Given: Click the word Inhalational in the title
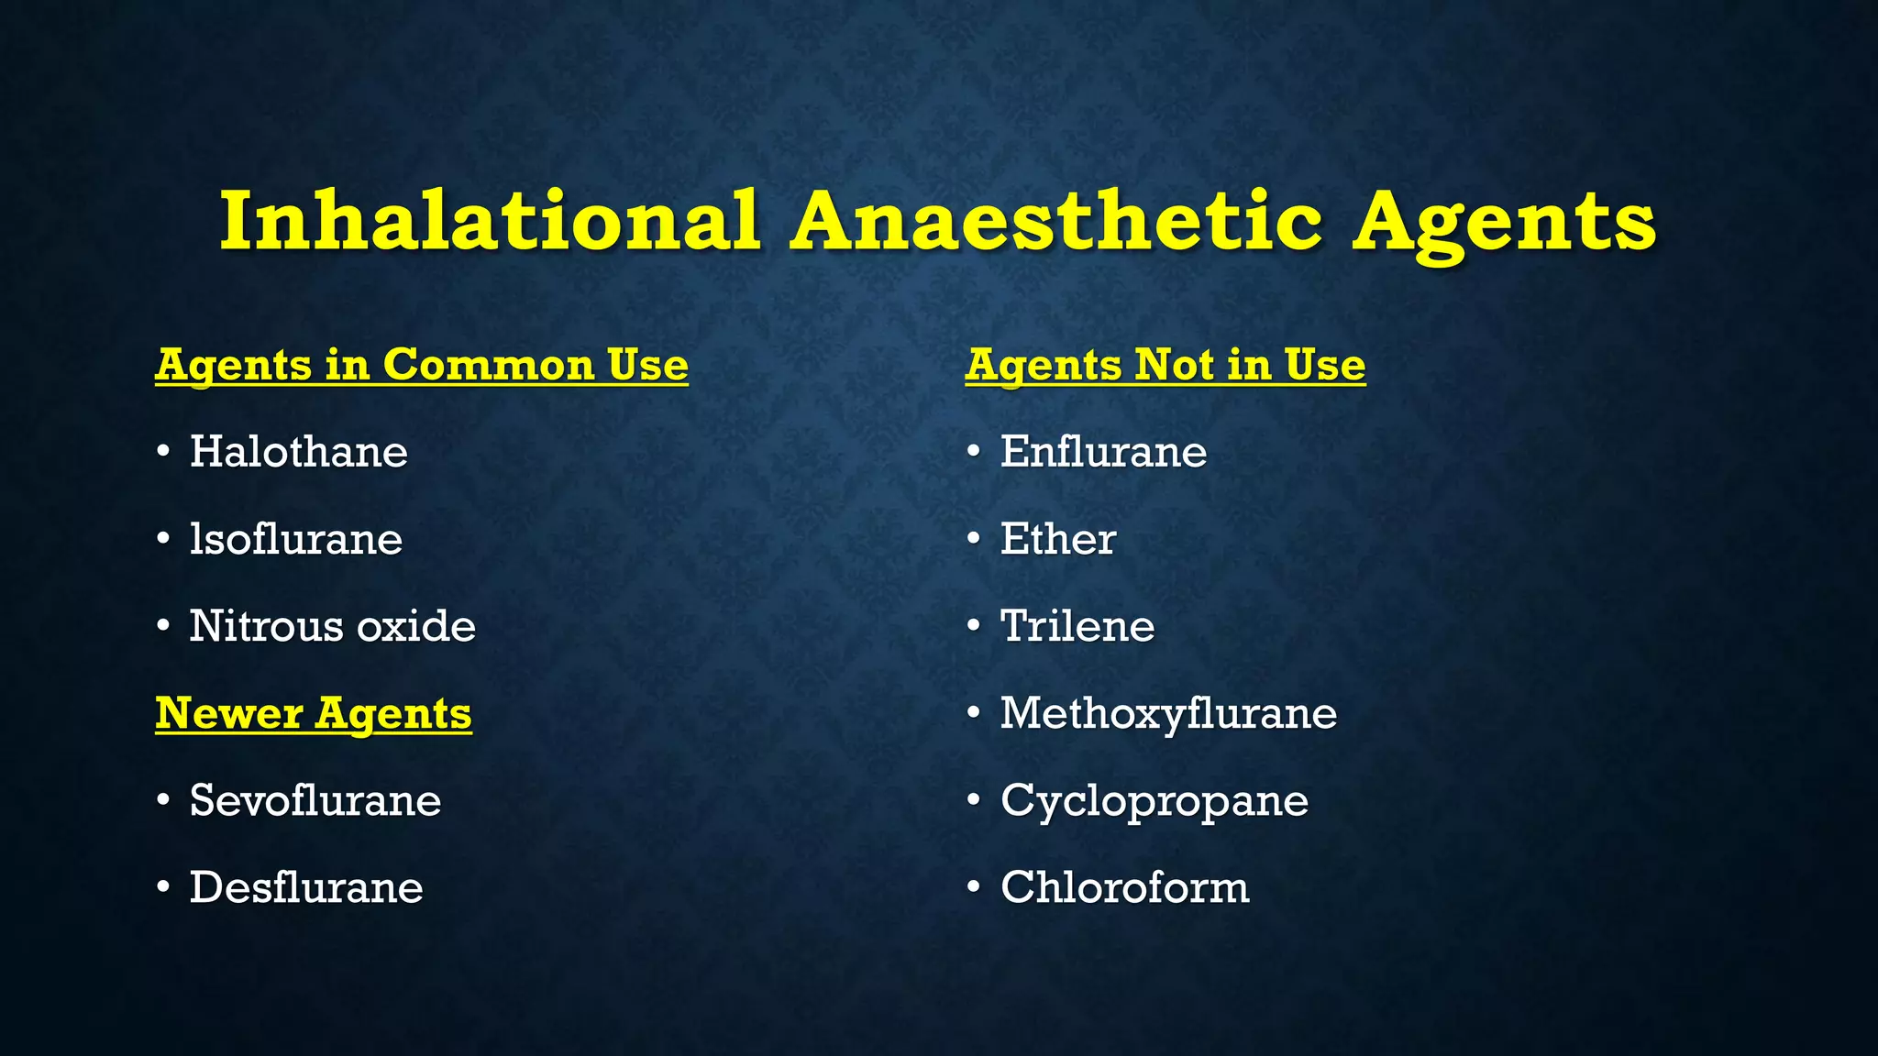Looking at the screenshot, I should [x=490, y=221].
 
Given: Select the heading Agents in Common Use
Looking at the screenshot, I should [x=422, y=366].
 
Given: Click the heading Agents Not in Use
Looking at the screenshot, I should [x=1165, y=366].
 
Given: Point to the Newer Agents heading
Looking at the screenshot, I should [x=314, y=714].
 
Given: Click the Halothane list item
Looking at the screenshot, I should [x=298, y=452].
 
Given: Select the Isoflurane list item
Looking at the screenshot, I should [x=295, y=539].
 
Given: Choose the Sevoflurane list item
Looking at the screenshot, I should [x=315, y=800].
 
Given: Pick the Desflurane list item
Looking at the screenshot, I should [x=305, y=887].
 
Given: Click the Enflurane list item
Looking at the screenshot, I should [x=1103, y=452].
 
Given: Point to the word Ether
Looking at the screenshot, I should [x=1057, y=539].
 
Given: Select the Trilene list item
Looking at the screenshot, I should [x=1077, y=626].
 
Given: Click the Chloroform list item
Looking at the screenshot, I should [x=1124, y=887].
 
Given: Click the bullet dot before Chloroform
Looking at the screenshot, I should [x=974, y=887].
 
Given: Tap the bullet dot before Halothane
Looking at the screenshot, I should [x=163, y=452].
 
